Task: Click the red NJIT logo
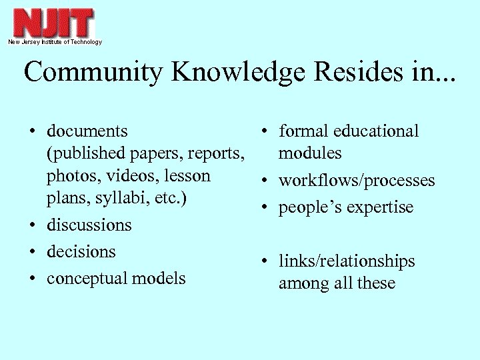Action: [x=54, y=23]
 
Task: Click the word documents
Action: [x=87, y=131]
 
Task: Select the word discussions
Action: [x=89, y=225]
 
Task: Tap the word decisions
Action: [x=81, y=251]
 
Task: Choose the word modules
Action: [x=310, y=153]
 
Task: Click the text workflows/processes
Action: [x=357, y=181]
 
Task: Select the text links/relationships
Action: [x=347, y=261]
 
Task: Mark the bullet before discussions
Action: [x=33, y=225]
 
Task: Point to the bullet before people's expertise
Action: [x=265, y=208]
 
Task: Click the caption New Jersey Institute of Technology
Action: [x=55, y=42]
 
